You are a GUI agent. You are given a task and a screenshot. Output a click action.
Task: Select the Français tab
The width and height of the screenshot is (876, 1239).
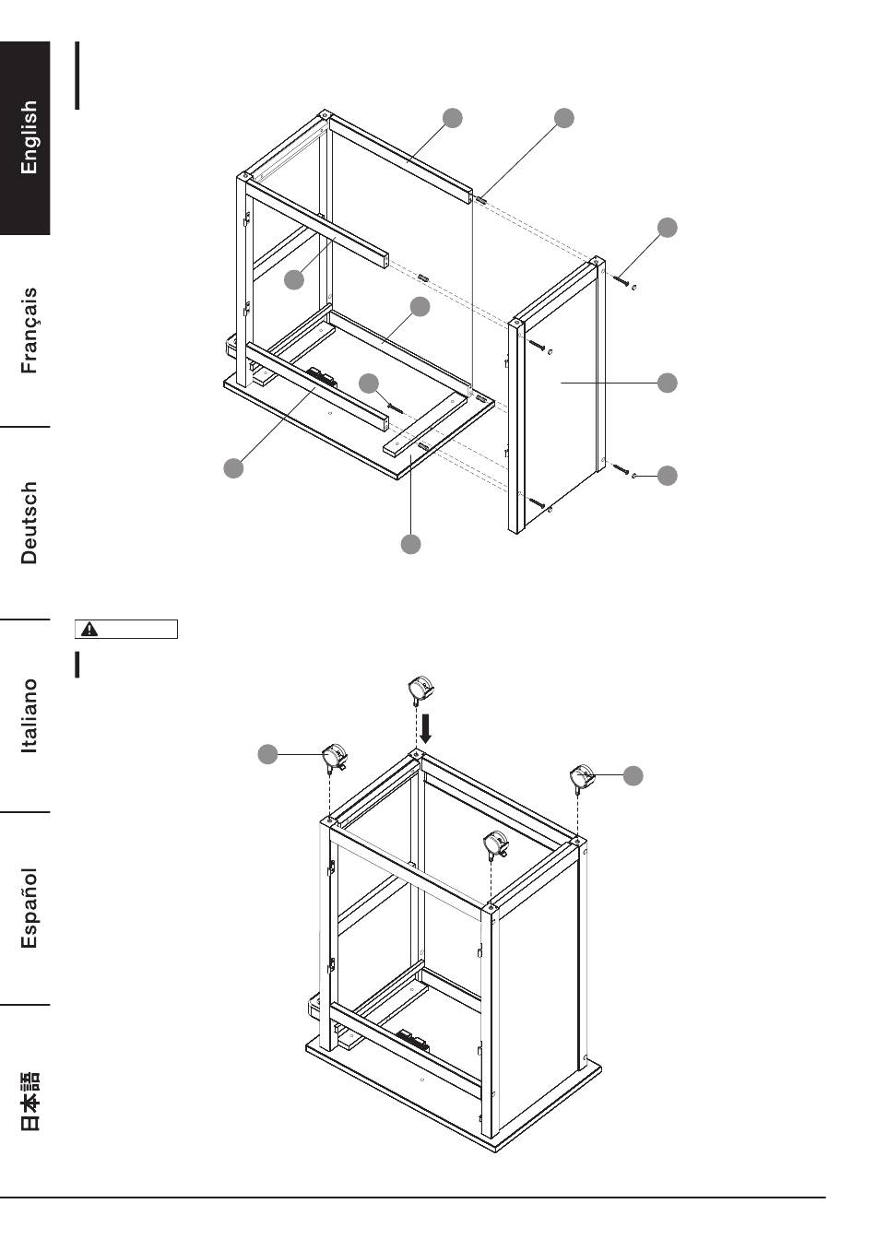pyautogui.click(x=30, y=330)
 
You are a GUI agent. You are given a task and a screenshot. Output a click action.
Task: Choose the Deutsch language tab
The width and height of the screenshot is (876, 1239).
pyautogui.click(x=30, y=522)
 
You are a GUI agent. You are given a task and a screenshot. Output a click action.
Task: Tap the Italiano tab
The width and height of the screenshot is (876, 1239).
pyautogui.click(x=30, y=715)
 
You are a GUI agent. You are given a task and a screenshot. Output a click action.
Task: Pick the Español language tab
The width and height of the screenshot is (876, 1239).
pyautogui.click(x=30, y=908)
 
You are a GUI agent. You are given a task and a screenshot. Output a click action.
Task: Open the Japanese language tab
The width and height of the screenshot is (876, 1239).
pyautogui.click(x=30, y=1101)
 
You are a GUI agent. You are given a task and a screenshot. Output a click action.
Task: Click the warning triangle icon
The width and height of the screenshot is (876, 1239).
pyautogui.click(x=89, y=630)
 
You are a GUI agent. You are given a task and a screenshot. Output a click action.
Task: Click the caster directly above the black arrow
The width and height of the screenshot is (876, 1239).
pyautogui.click(x=420, y=690)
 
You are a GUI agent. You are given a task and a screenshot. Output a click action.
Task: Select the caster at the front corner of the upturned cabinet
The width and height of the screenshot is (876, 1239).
pyautogui.click(x=497, y=844)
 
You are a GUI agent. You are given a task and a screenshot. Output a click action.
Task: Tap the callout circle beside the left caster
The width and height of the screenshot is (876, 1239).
pyautogui.click(x=267, y=755)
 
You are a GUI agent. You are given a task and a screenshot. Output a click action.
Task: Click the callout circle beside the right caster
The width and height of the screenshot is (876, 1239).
pyautogui.click(x=633, y=776)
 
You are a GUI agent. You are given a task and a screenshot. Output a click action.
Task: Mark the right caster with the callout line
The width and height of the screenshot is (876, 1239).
pyautogui.click(x=582, y=776)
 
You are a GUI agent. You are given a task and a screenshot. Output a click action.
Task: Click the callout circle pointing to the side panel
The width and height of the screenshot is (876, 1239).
pyautogui.click(x=667, y=382)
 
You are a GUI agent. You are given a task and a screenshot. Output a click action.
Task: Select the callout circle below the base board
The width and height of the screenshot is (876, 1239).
pyautogui.click(x=411, y=544)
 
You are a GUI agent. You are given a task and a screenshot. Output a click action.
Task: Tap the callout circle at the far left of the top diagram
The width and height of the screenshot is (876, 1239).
pyautogui.click(x=234, y=467)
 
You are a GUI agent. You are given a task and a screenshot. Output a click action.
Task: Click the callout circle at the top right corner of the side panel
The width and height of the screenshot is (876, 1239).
pyautogui.click(x=667, y=227)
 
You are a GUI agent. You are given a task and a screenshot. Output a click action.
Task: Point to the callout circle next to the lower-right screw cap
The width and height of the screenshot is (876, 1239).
pyautogui.click(x=667, y=476)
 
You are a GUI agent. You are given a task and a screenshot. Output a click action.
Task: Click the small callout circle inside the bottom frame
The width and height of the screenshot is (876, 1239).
pyautogui.click(x=369, y=383)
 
